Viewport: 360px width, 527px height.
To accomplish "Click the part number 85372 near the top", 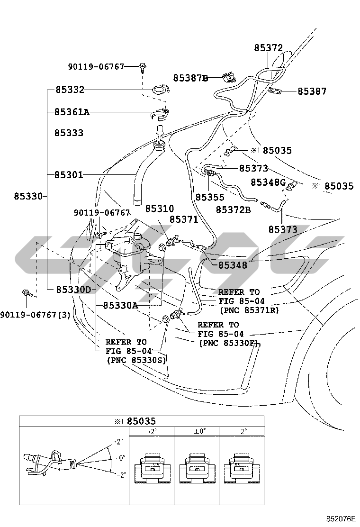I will click(268, 48).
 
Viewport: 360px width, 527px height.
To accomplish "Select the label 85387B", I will click(190, 78).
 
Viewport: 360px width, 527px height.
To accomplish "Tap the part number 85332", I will click(69, 90).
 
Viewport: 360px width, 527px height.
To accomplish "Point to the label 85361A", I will click(72, 112).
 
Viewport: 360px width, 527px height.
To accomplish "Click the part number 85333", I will click(69, 133).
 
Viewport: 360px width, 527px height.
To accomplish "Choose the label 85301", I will click(69, 175).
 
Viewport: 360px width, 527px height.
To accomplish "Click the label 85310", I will click(159, 209).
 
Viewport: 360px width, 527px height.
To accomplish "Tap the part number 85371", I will click(184, 219).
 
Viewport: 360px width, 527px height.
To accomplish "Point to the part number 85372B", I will click(233, 209).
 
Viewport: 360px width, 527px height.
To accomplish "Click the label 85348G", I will click(268, 182).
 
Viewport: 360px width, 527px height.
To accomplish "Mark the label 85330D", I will click(73, 289).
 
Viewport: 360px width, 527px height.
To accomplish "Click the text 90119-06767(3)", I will click(35, 314).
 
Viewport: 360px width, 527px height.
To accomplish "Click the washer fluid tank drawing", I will click(130, 258).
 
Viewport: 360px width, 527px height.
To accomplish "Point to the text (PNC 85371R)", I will click(249, 310).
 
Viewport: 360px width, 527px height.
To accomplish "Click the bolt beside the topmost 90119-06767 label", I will click(143, 66).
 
